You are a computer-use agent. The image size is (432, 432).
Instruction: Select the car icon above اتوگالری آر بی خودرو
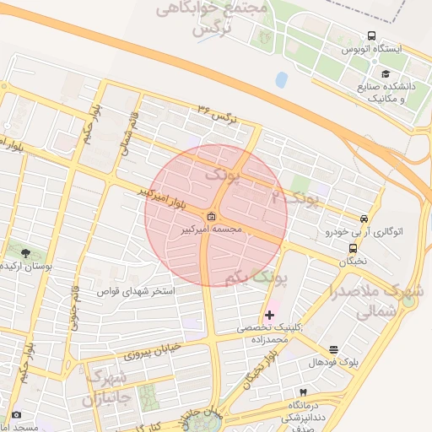tap(364, 217)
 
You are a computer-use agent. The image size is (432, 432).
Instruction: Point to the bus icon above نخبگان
tap(353, 248)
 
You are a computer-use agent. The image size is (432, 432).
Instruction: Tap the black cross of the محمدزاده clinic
tap(270, 315)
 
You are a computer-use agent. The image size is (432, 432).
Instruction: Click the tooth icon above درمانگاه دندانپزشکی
tap(303, 393)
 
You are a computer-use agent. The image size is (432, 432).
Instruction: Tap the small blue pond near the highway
tap(281, 80)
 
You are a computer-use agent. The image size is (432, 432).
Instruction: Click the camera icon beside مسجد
tap(16, 415)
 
